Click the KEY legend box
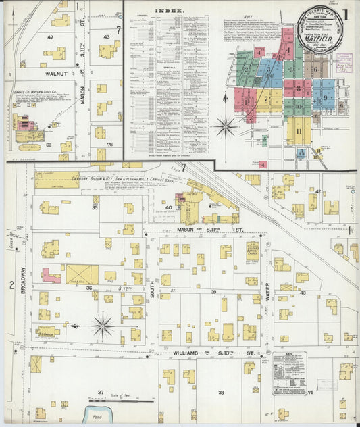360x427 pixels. [x=289, y=372]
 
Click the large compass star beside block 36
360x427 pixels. [x=103, y=326]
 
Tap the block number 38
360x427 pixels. [x=220, y=392]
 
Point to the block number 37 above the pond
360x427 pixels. [x=100, y=392]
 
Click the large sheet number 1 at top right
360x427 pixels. [x=345, y=14]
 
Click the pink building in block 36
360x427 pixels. [x=51, y=275]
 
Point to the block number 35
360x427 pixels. [x=95, y=208]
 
